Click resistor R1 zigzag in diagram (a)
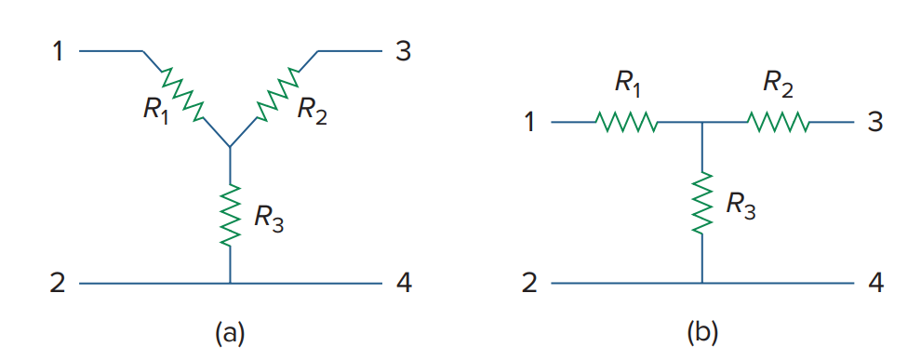click(181, 94)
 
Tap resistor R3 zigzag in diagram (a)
click(230, 215)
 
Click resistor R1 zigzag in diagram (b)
click(627, 122)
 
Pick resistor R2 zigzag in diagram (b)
click(778, 122)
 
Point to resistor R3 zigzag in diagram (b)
click(702, 199)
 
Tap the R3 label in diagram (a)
click(269, 220)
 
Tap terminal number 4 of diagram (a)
click(403, 283)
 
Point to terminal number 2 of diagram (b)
click(530, 283)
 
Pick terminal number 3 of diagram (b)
click(875, 122)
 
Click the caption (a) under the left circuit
click(230, 332)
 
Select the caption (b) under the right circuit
click(702, 332)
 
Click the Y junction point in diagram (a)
click(230, 147)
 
